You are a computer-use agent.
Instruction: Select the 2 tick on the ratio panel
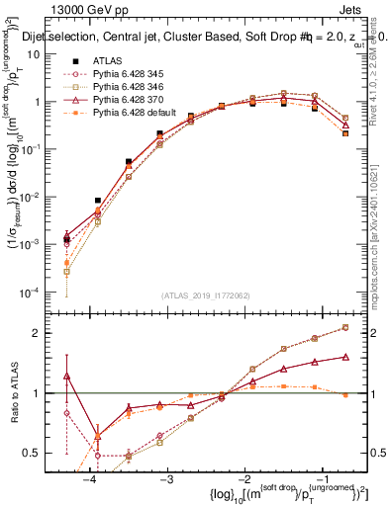49,333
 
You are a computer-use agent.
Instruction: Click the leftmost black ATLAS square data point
66,239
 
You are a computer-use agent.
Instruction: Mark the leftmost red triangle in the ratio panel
66,376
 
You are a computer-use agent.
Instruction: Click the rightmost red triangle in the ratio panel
345,356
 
